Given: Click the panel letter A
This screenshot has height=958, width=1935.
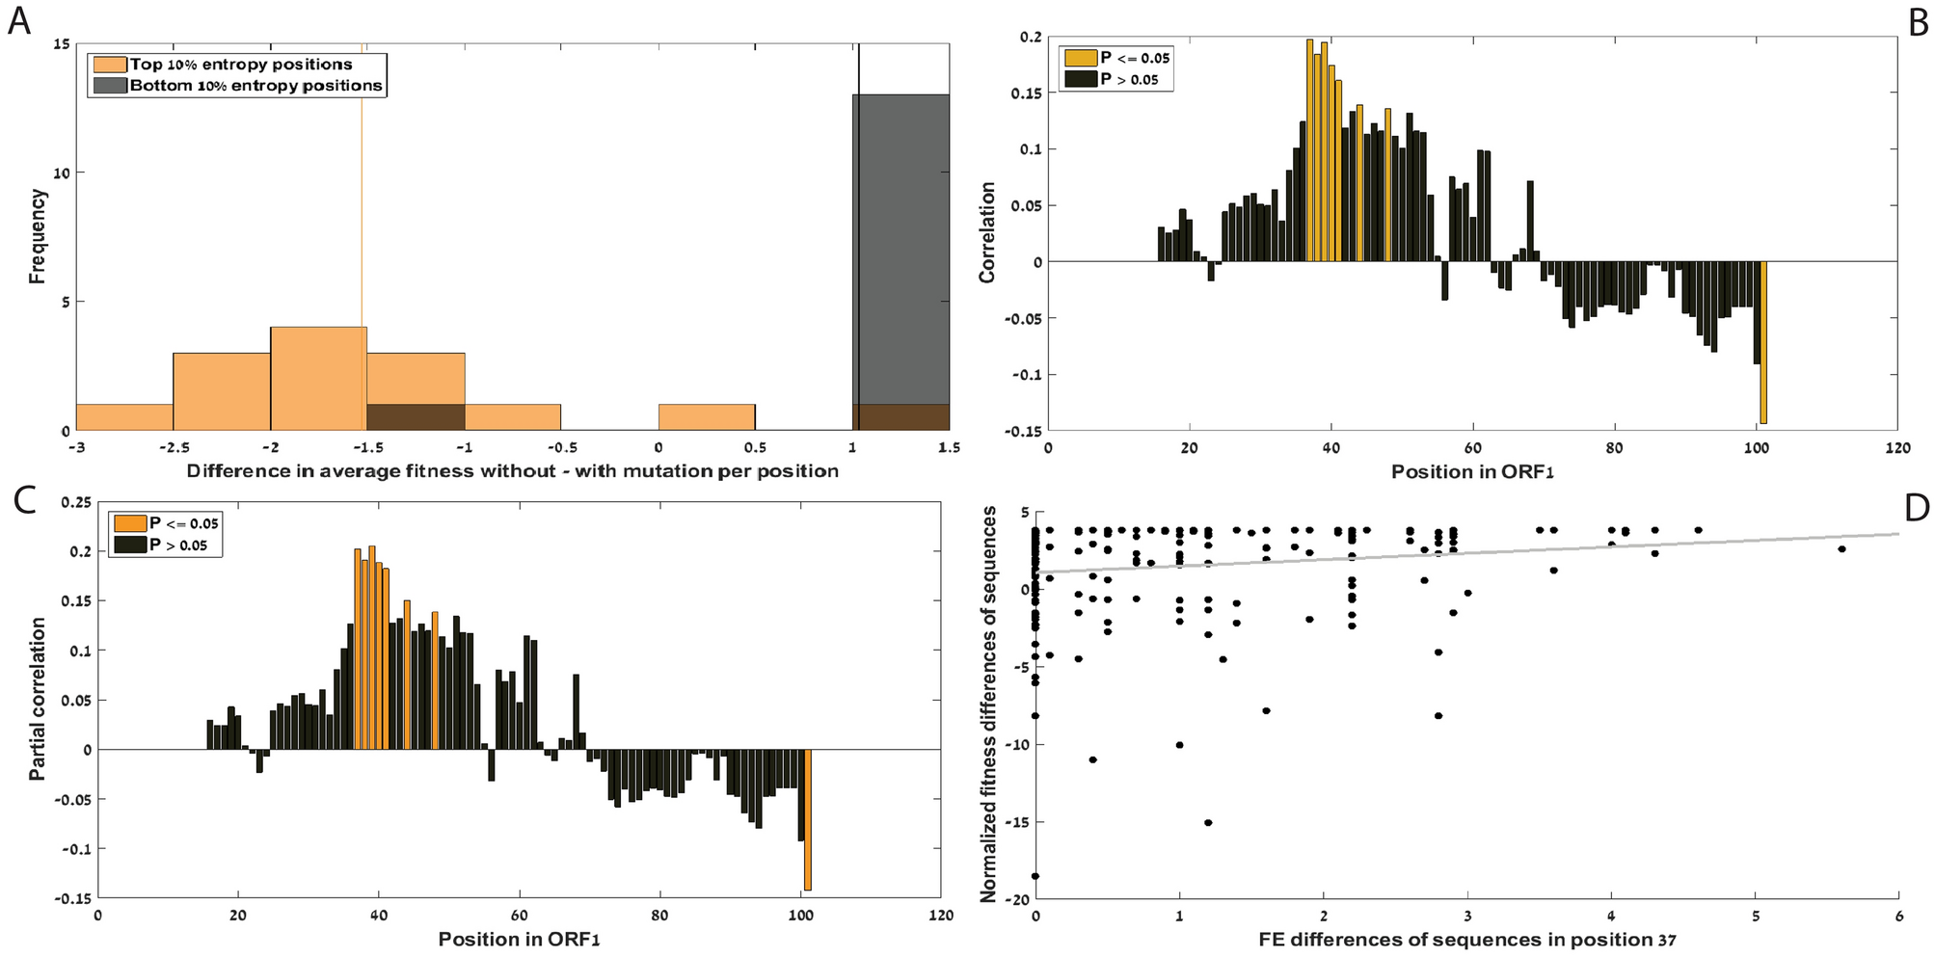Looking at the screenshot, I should coord(18,19).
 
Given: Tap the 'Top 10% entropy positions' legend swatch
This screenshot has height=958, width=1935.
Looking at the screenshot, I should coord(109,65).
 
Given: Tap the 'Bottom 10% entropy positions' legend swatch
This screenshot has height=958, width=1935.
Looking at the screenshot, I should coord(109,86).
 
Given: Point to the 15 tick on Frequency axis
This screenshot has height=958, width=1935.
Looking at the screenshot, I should coord(62,44).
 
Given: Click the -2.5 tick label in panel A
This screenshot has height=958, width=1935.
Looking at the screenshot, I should coord(173,447).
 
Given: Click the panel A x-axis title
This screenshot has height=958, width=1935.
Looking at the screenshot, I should coord(512,470).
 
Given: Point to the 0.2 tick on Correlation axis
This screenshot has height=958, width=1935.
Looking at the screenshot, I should coord(1030,37).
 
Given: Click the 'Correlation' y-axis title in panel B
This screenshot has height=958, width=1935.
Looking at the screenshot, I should coord(986,232).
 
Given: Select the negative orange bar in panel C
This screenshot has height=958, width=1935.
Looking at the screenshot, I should coord(808,819).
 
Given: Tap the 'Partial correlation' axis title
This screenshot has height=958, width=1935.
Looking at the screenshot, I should coord(38,699).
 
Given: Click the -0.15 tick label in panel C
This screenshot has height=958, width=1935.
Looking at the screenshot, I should coord(73,898).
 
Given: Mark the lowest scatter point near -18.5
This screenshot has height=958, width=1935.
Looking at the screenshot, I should coord(1035,876).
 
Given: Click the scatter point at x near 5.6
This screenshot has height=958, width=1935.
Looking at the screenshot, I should coord(1841,549).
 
